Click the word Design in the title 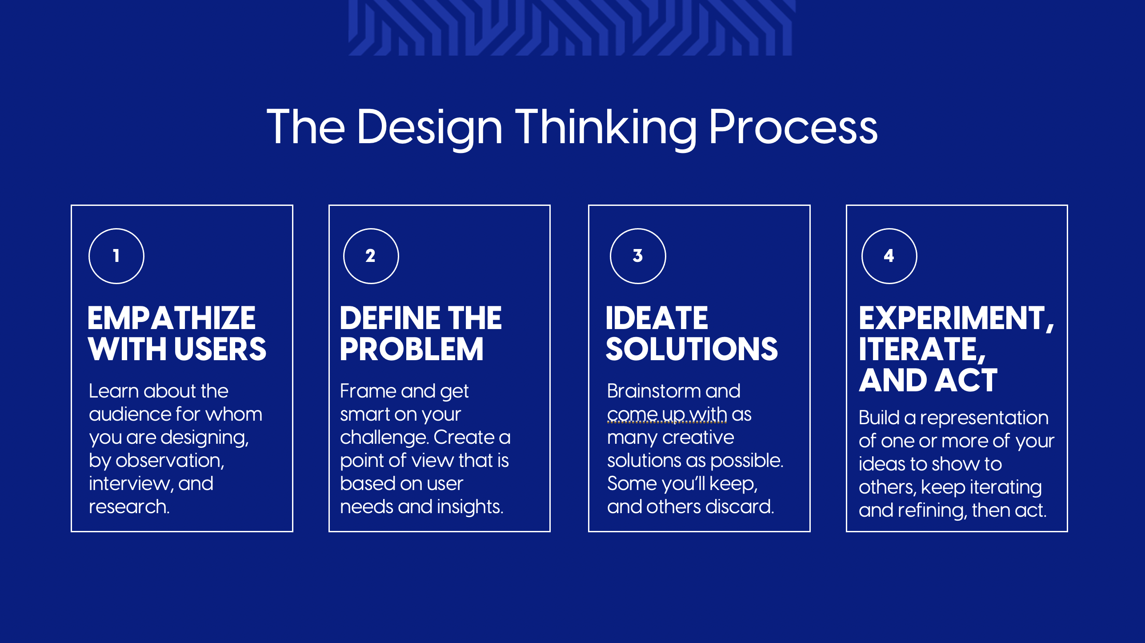pyautogui.click(x=429, y=129)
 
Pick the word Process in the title pyautogui.click(x=793, y=128)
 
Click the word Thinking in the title pyautogui.click(x=606, y=129)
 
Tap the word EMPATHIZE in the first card pyautogui.click(x=172, y=318)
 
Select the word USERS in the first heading pyautogui.click(x=220, y=349)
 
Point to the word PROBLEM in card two pyautogui.click(x=412, y=349)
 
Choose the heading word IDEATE pyautogui.click(x=657, y=318)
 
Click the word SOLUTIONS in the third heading pyautogui.click(x=692, y=349)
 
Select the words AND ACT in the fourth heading pyautogui.click(x=928, y=380)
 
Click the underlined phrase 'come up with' pyautogui.click(x=667, y=415)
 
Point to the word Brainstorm pyautogui.click(x=653, y=391)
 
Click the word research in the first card pyautogui.click(x=129, y=507)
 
